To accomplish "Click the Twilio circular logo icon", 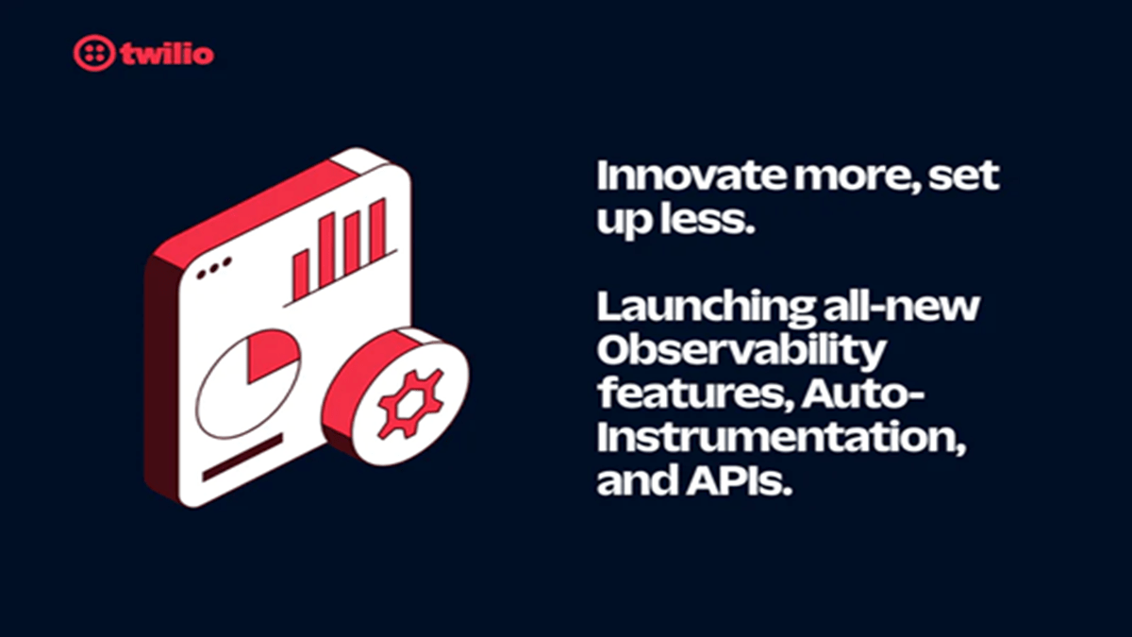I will [x=92, y=54].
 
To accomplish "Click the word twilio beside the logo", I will [x=167, y=55].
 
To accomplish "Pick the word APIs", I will [x=739, y=482].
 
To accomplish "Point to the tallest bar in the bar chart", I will [x=377, y=231].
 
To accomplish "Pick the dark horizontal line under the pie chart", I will [x=242, y=458].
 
